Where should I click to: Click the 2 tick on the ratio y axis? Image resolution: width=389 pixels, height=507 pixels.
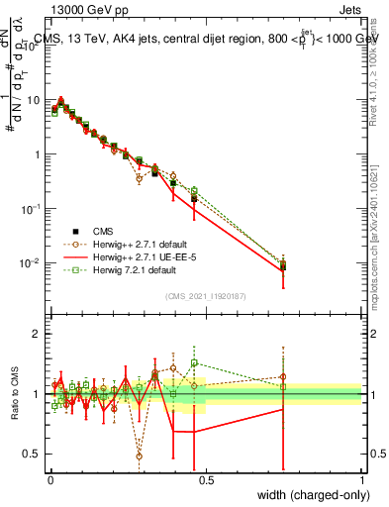coord(38,334)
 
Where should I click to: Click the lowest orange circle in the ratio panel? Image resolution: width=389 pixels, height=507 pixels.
coord(139,456)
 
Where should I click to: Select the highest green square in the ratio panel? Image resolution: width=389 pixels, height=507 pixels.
coord(194,362)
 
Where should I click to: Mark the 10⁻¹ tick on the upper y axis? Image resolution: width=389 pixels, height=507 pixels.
coord(33,209)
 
